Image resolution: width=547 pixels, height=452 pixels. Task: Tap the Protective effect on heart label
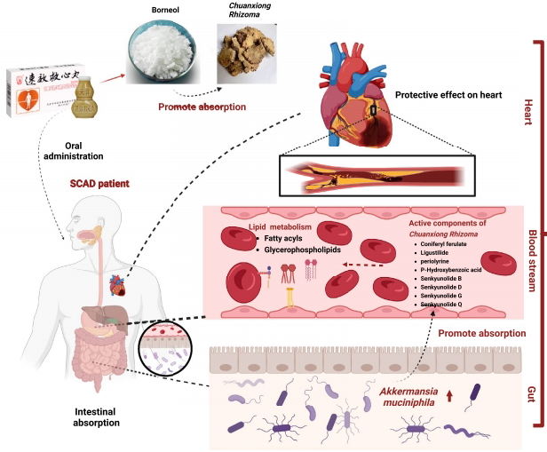(x=440, y=94)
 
